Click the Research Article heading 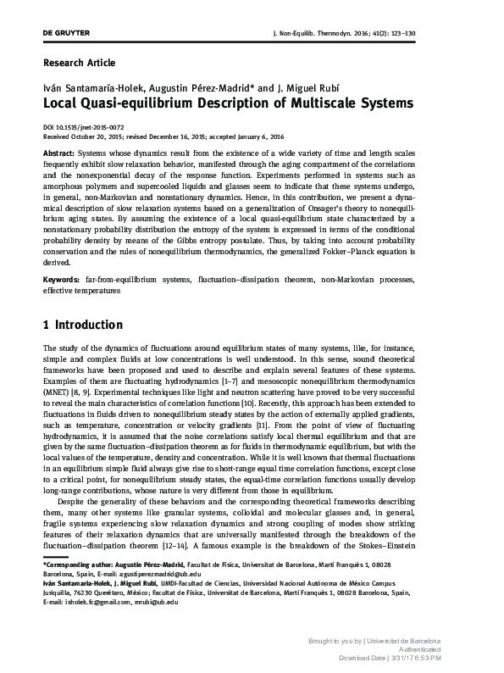point(79,63)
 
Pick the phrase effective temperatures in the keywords point(81,289)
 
